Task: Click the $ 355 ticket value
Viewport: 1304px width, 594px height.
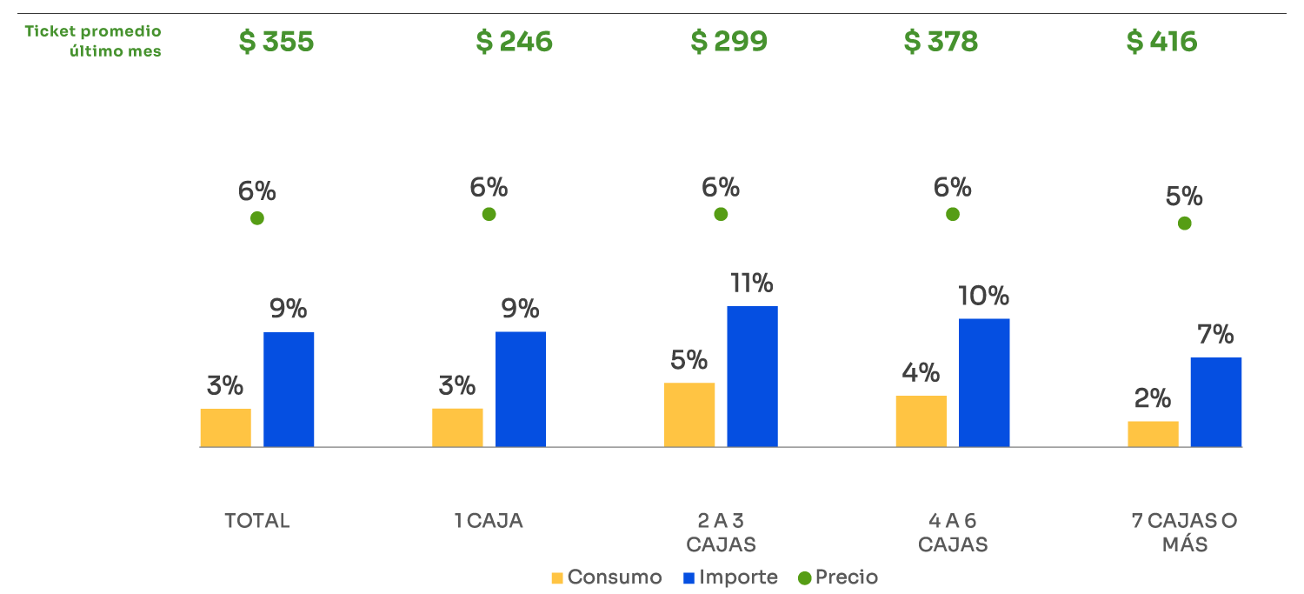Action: pos(276,42)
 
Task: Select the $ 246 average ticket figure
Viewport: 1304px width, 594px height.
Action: pos(514,42)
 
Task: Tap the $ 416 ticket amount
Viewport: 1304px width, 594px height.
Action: pos(1161,42)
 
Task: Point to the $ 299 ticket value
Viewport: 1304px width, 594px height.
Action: pos(729,42)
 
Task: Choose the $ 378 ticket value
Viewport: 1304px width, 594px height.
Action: pos(941,42)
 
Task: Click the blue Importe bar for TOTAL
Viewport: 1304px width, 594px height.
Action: pos(289,390)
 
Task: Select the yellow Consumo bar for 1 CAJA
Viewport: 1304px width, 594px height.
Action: pos(457,427)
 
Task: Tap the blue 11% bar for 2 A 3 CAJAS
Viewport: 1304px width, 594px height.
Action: pos(752,377)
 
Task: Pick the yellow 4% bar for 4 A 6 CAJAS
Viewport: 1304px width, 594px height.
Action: pos(921,421)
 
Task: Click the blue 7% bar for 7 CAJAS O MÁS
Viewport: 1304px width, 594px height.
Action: pos(1215,402)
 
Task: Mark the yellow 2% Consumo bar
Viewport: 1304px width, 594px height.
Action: pos(1153,433)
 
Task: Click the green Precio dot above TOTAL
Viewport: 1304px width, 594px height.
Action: pos(256,218)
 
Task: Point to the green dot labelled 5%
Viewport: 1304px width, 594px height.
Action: pos(1184,224)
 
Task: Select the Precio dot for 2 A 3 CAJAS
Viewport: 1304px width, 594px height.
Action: pos(721,214)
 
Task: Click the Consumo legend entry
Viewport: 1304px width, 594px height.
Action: pos(607,577)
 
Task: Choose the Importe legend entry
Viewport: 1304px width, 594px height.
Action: pos(730,577)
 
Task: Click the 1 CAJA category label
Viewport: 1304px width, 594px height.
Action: pos(489,521)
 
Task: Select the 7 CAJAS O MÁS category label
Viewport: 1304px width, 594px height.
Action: pos(1184,532)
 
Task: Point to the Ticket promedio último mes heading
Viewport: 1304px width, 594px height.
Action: pos(94,41)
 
